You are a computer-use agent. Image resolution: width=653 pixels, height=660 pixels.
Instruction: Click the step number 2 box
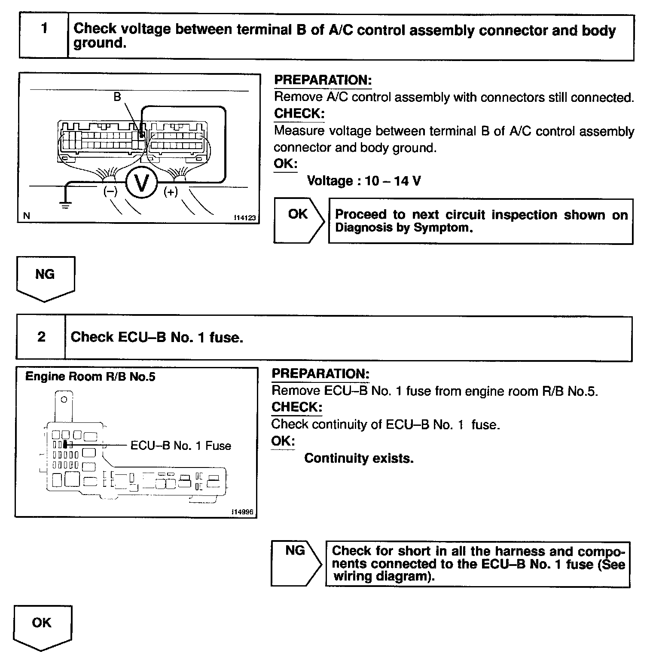pos(41,337)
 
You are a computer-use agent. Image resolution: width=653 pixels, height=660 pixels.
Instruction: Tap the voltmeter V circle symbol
pos(141,183)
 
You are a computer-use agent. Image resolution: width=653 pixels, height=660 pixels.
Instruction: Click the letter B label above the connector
pos(117,97)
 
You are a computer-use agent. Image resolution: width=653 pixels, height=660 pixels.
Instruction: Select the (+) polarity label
pos(171,192)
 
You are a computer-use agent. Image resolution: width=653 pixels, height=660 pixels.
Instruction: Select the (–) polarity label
pos(110,192)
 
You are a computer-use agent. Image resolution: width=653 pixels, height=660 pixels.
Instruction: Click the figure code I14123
pos(244,218)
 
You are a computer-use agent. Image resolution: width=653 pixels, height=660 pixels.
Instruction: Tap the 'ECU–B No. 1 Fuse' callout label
pos(180,446)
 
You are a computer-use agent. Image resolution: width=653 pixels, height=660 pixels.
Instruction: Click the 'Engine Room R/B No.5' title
pos(90,377)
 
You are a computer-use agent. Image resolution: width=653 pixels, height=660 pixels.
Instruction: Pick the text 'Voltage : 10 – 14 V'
pos(364,181)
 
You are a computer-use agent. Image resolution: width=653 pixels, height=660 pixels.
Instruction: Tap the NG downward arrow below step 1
pos(46,277)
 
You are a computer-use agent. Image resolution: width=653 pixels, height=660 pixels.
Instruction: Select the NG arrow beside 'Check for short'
pos(296,563)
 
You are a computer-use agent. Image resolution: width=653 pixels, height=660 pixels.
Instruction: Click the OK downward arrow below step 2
pos(42,626)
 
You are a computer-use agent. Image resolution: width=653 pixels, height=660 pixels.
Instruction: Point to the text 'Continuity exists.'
pos(359,458)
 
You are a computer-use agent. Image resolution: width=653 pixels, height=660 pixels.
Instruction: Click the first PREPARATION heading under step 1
pos(323,80)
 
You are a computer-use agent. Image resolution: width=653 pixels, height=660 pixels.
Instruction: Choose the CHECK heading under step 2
pos(296,407)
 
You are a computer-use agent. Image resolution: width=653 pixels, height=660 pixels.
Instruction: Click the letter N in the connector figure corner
pos(27,216)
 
